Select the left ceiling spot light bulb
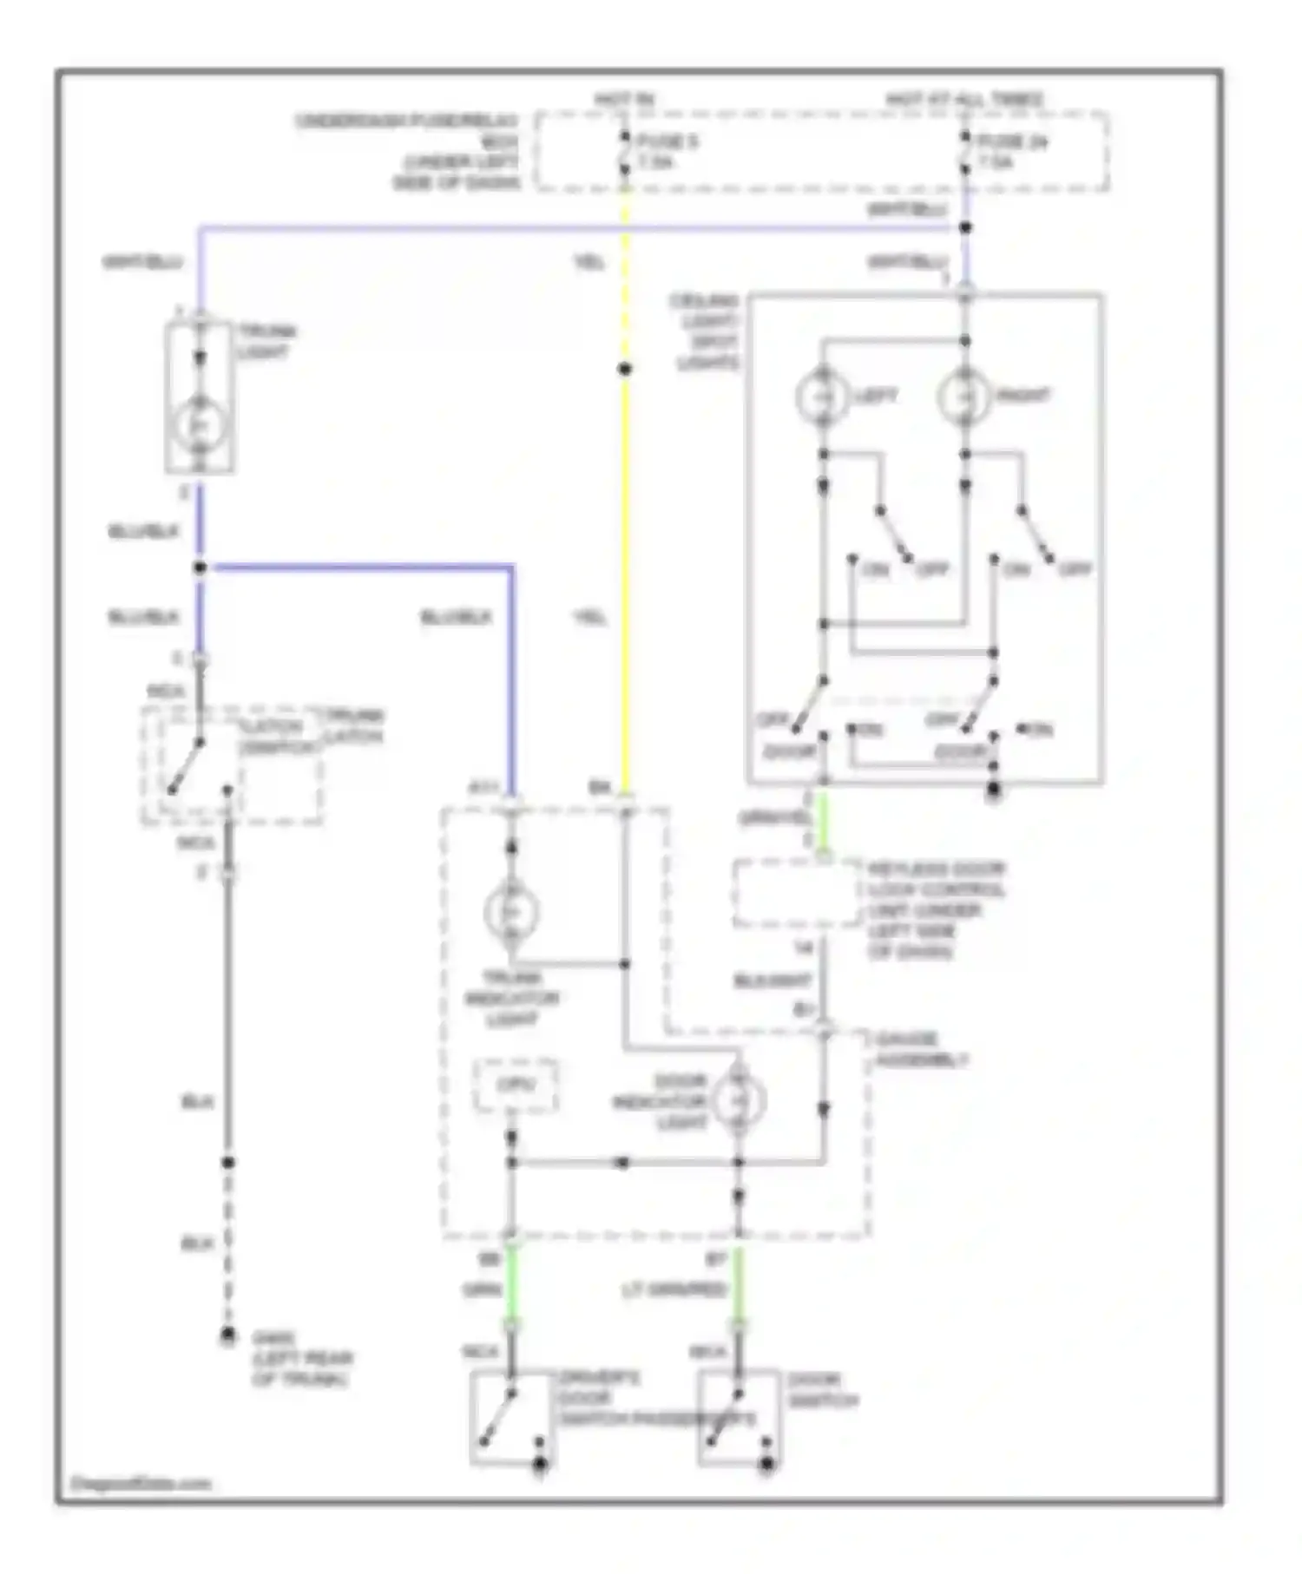pyautogui.click(x=822, y=397)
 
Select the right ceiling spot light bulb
pyautogui.click(x=964, y=397)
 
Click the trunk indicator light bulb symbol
pyautogui.click(x=511, y=911)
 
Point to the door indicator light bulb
pyautogui.click(x=738, y=1100)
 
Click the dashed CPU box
pyautogui.click(x=516, y=1085)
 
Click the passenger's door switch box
pyautogui.click(x=739, y=1418)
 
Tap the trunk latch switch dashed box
pyautogui.click(x=232, y=765)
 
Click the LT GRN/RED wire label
pyautogui.click(x=674, y=1291)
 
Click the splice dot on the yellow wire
pyautogui.click(x=625, y=370)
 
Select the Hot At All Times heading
pyautogui.click(x=964, y=101)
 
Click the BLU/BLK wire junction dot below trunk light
pyautogui.click(x=200, y=567)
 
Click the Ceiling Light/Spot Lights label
pyautogui.click(x=705, y=331)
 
